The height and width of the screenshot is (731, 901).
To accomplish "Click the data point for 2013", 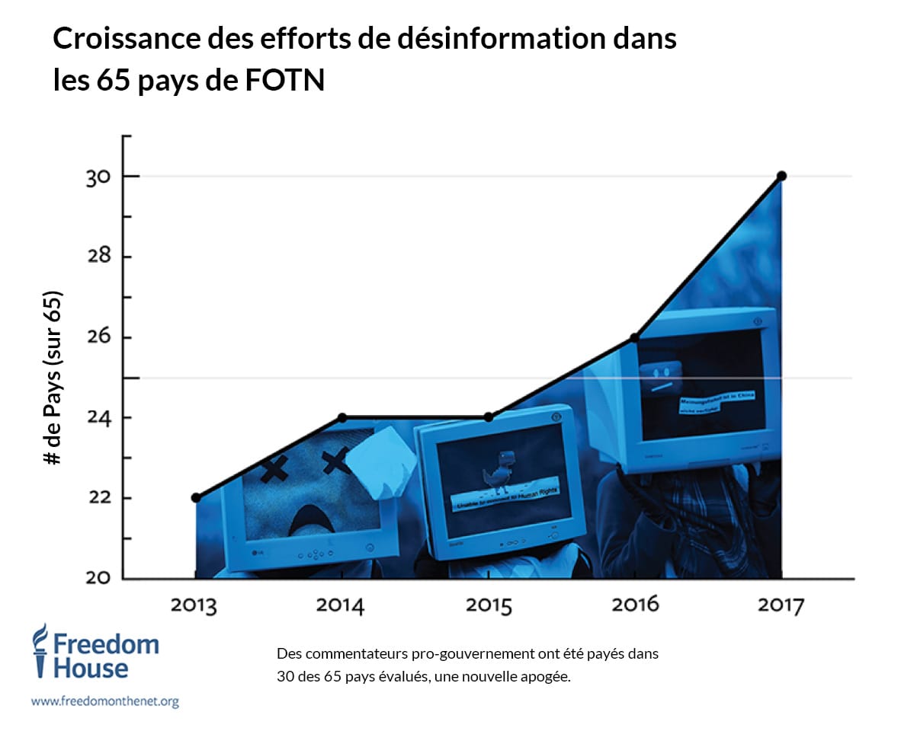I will (196, 497).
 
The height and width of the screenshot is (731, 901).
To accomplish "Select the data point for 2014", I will (342, 417).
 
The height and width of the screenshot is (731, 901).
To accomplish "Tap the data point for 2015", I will (489, 417).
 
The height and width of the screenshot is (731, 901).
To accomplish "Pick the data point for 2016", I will (634, 337).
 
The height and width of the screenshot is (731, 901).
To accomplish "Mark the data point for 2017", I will (781, 176).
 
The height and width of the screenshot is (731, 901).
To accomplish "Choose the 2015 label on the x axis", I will (489, 606).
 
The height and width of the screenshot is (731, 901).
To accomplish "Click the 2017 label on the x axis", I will (781, 606).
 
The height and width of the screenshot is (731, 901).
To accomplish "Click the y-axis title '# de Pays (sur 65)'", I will (53, 378).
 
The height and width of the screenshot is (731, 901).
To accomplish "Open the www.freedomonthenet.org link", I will (104, 701).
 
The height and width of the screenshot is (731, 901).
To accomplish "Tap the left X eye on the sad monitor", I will (274, 469).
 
